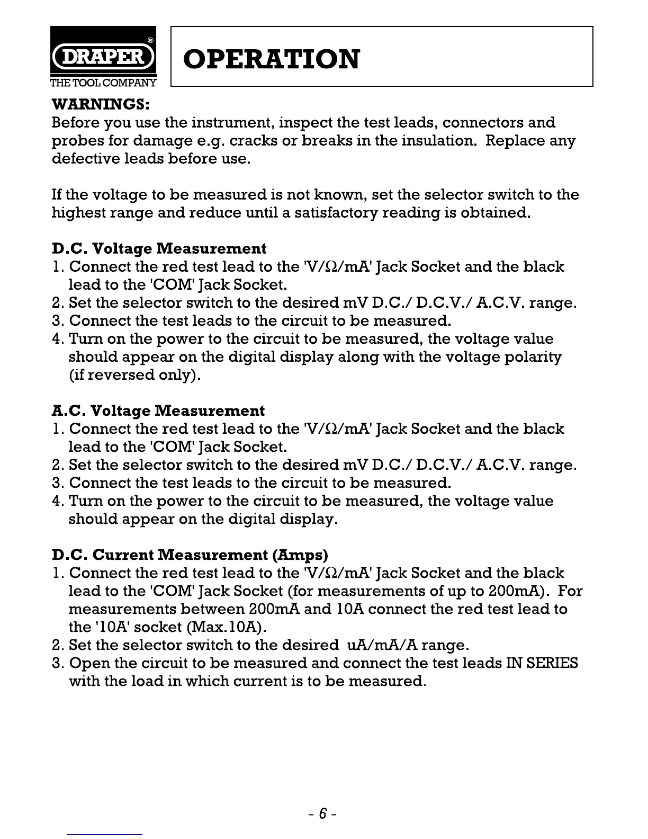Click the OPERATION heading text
pos(271,59)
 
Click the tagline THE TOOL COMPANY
pos(103,83)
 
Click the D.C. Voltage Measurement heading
pos(159,248)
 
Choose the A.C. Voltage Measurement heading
pos(158,410)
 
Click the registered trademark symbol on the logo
pos(150,40)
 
